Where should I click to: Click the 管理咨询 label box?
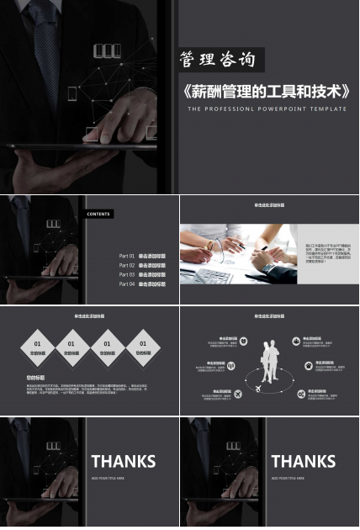coord(218,60)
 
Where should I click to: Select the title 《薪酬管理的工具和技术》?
coord(267,91)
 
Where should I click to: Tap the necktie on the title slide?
coord(45,38)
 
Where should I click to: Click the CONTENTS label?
coord(98,214)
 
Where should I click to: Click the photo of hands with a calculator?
coord(238,253)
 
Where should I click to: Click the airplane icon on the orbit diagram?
coord(238,394)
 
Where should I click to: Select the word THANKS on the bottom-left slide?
coord(123,461)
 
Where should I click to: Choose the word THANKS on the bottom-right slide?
coord(303,461)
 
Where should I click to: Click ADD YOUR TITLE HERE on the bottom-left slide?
coord(108,478)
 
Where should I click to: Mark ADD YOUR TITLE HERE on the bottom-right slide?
coord(288,478)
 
